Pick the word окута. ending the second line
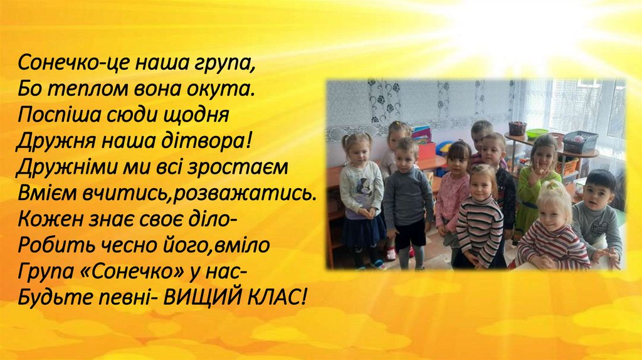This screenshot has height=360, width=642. [x=228, y=88]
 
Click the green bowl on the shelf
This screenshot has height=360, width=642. [x=537, y=134]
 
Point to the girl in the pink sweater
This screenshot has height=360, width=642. [x=453, y=194]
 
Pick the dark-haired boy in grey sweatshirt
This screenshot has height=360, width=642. [x=596, y=216]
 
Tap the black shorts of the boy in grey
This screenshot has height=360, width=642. [x=411, y=233]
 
